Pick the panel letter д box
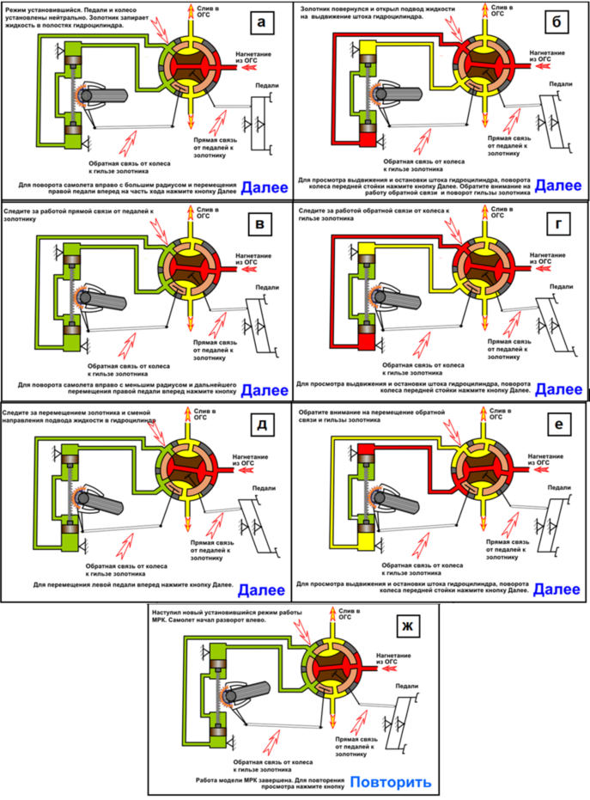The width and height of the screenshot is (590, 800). pos(265,425)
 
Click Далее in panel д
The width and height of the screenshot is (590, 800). pos(264,589)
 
